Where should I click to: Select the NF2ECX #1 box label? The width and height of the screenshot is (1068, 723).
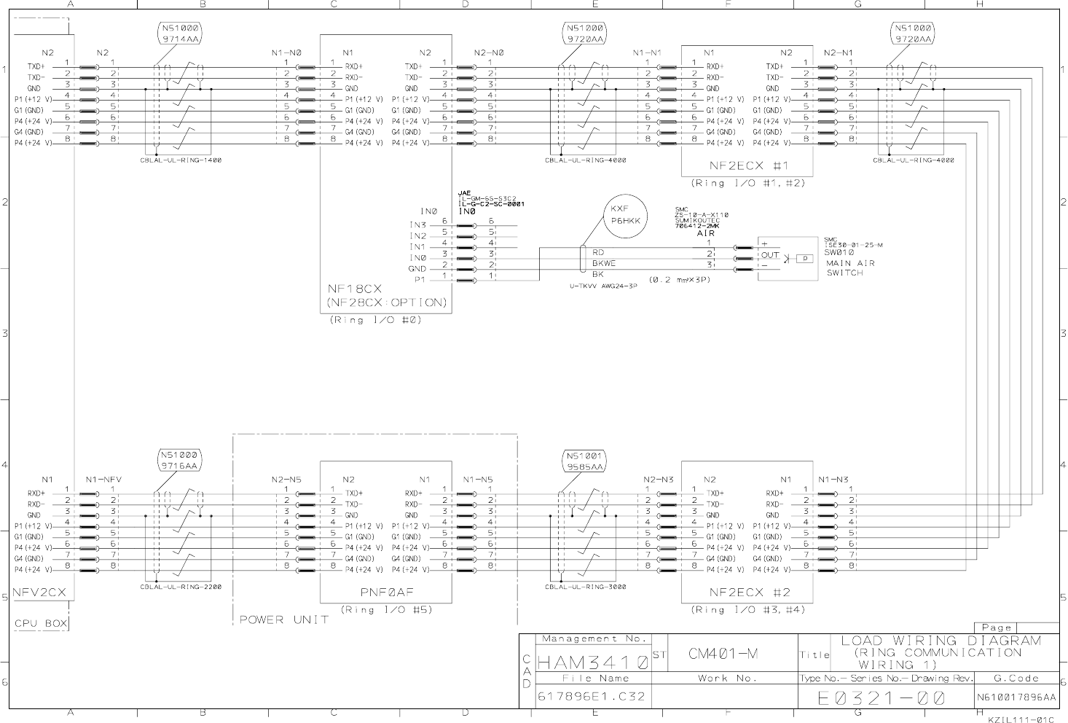749,165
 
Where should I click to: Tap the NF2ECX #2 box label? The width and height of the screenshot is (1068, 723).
750,593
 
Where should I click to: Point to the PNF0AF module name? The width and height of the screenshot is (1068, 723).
385,593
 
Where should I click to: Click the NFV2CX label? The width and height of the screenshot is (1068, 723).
41,593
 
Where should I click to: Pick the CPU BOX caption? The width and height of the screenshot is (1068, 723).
41,624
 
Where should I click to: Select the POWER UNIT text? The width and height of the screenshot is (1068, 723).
284,620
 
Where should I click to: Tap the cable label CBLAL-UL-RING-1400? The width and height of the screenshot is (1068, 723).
181,160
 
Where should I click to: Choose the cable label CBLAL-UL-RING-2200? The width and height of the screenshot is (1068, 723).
181,586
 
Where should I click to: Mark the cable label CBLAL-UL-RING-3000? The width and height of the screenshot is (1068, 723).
585,586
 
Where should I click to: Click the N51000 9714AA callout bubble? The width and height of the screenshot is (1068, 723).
179,34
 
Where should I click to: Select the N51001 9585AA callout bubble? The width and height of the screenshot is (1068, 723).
584,461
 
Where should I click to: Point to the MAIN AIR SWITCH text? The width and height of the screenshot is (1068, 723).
849,267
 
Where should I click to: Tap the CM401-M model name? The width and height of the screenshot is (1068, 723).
723,654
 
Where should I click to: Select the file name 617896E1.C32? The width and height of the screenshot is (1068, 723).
591,696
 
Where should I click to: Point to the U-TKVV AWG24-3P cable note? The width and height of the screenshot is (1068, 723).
603,286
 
